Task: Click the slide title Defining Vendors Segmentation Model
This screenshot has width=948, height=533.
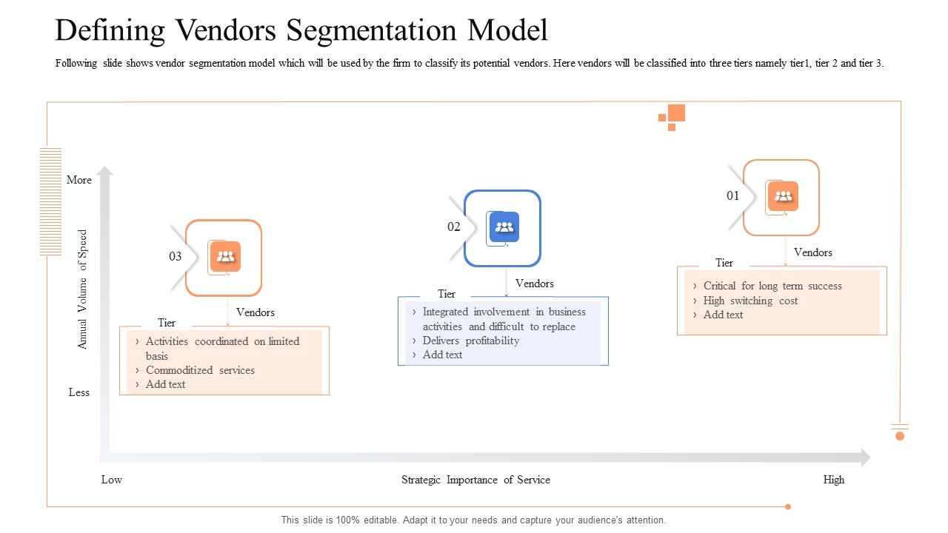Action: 301,31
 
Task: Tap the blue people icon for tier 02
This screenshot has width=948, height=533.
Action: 504,227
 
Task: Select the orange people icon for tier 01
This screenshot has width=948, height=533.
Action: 783,196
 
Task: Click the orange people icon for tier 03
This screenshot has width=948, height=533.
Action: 226,257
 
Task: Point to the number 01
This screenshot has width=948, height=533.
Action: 732,196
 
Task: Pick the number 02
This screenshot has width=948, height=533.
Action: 453,227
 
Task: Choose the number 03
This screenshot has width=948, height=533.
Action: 175,257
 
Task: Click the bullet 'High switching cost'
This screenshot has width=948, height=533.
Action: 750,301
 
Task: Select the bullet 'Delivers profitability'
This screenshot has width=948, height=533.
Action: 470,341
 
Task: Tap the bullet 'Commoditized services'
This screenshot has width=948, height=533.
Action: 200,370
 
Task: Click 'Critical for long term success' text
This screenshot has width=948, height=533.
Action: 772,286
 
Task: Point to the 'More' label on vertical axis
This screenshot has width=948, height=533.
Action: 79,180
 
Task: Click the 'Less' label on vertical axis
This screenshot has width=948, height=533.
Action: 79,392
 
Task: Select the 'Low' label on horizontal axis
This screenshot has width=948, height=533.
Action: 112,480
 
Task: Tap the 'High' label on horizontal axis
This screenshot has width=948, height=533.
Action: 833,480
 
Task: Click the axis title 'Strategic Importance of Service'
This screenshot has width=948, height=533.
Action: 475,480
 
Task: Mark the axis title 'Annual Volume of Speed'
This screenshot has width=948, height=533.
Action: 83,289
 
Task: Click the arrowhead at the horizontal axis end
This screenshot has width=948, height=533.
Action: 864,457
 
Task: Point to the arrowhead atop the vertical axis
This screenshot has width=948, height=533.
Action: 105,172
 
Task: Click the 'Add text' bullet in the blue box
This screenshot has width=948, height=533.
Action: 442,355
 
